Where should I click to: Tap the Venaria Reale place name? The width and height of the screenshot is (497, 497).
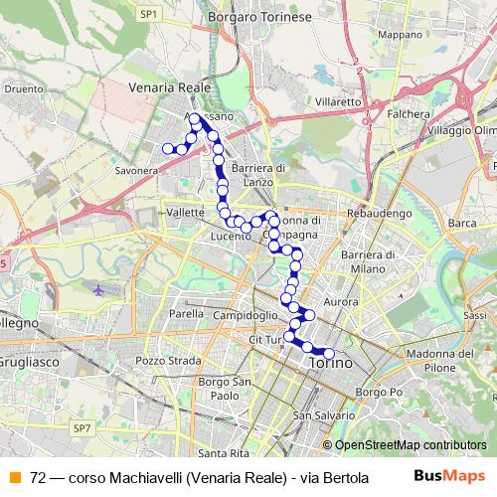pyautogui.click(x=170, y=87)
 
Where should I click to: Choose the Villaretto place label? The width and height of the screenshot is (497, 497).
pyautogui.click(x=335, y=101)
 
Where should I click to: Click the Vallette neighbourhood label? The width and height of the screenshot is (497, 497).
pyautogui.click(x=187, y=213)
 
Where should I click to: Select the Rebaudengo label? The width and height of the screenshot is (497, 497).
pyautogui.click(x=385, y=213)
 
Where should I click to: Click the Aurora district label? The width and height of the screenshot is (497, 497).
pyautogui.click(x=341, y=300)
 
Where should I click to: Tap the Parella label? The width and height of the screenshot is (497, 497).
pyautogui.click(x=186, y=313)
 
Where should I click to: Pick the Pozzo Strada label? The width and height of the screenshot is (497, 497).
pyautogui.click(x=162, y=360)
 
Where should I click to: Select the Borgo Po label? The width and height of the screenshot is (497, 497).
pyautogui.click(x=377, y=393)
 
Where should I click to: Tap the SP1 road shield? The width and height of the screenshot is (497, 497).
pyautogui.click(x=149, y=14)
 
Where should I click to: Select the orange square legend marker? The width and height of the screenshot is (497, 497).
pyautogui.click(x=15, y=476)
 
